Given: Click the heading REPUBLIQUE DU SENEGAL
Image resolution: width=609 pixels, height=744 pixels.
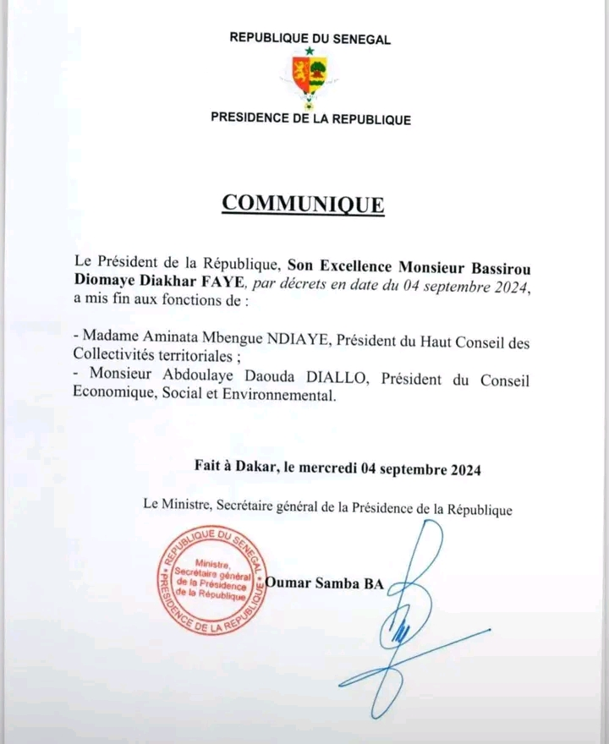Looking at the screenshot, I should (310, 38).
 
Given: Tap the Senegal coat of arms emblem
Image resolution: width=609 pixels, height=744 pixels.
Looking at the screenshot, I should (310, 77).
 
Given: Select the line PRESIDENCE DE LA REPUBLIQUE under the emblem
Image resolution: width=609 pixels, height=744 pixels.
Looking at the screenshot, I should (310, 119).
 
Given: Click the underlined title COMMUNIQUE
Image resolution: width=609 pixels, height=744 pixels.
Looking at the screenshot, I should (303, 205).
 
